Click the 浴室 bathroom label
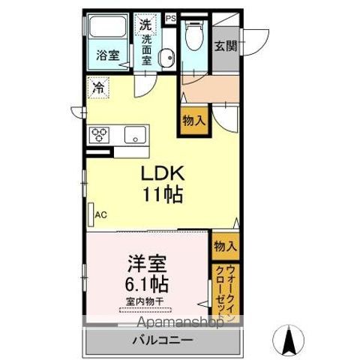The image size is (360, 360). coord(107,54)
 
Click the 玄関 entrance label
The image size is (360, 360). coord(225,45)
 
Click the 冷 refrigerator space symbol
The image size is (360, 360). coord(97,87)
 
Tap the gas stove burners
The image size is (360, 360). coord(100,135)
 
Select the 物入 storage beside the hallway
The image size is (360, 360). coord(190,119)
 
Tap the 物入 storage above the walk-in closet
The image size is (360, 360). coord(225,246)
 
